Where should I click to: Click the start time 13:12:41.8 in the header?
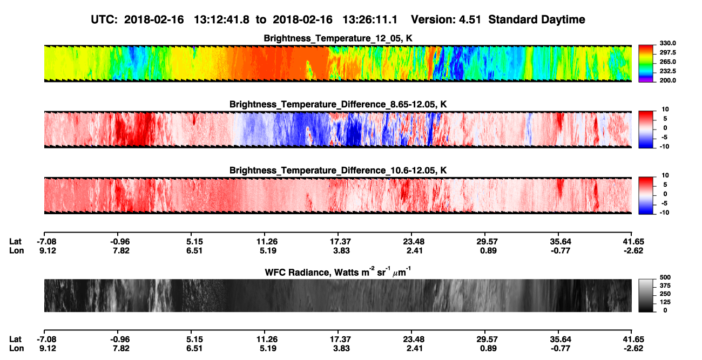click(221, 20)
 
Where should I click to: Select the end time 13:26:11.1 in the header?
click(370, 20)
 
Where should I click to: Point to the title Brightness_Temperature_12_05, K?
click(338, 38)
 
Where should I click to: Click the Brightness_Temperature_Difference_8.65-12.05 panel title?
click(338, 104)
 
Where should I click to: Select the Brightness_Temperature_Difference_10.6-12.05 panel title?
click(338, 171)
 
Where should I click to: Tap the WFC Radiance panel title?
click(338, 271)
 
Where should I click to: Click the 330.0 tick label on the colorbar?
click(667, 43)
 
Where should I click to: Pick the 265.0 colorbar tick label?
click(667, 62)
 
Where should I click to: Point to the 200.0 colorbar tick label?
click(667, 80)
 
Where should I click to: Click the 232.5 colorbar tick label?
click(667, 71)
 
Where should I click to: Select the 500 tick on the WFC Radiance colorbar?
click(665, 277)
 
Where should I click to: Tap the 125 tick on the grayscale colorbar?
click(665, 302)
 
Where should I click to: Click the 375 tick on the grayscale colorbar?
click(665, 286)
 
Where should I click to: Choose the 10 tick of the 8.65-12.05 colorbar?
click(665, 110)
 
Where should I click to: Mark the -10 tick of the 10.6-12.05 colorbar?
click(664, 213)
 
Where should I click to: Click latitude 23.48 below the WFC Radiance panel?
click(414, 339)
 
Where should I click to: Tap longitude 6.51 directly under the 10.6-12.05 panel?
click(194, 250)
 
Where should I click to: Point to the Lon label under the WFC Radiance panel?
click(17, 349)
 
